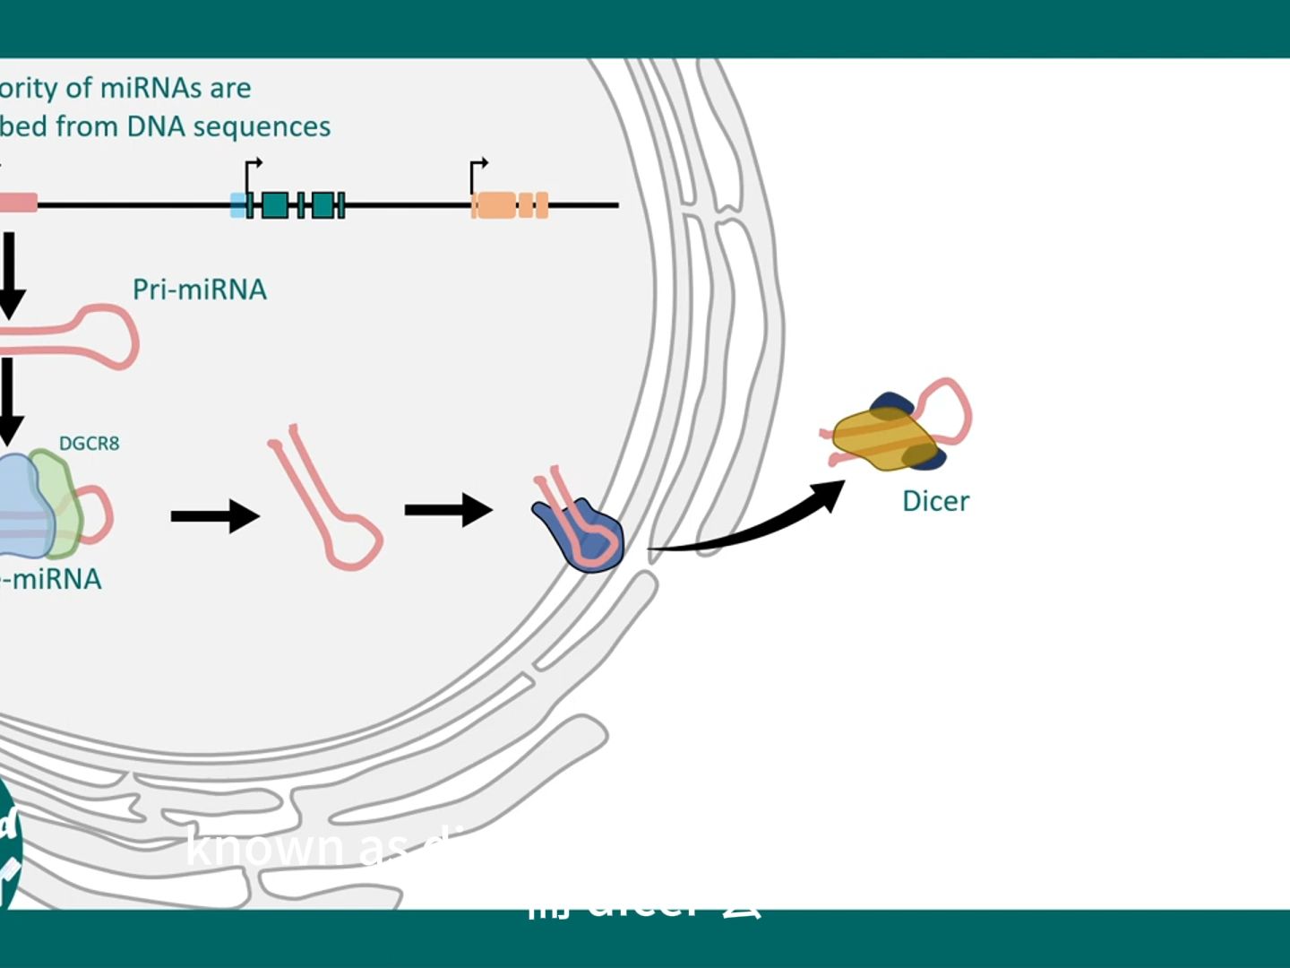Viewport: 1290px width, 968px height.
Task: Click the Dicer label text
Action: pyautogui.click(x=935, y=501)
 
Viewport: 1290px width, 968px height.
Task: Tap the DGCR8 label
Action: pyautogui.click(x=89, y=443)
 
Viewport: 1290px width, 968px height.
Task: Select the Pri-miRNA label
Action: pyautogui.click(x=200, y=290)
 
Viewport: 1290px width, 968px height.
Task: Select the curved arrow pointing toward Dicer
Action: pyautogui.click(x=752, y=529)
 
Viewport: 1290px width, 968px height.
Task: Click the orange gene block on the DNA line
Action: pyautogui.click(x=494, y=205)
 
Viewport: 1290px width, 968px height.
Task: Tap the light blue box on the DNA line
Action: pyautogui.click(x=237, y=205)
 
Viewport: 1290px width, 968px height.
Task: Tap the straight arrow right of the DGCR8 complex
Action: pyautogui.click(x=215, y=515)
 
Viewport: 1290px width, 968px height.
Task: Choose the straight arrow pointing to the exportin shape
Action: pyautogui.click(x=448, y=510)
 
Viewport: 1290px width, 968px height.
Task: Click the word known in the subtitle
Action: pyautogui.click(x=265, y=847)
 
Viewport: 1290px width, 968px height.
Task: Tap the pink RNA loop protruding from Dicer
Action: pyautogui.click(x=951, y=408)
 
